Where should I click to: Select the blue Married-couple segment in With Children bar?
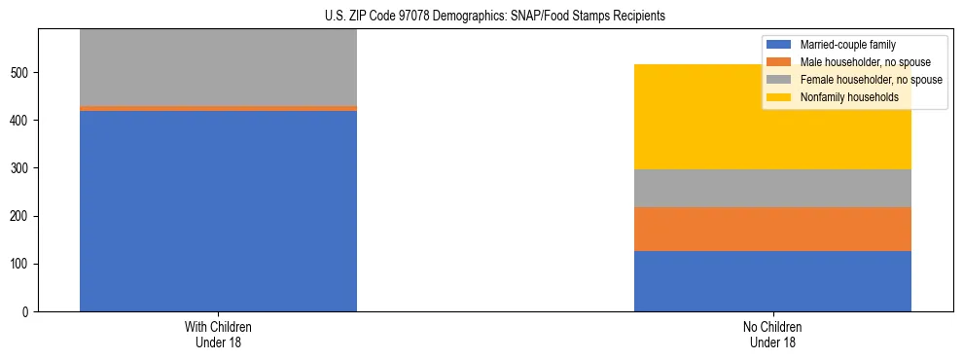pos(218,211)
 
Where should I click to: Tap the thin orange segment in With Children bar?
pos(218,108)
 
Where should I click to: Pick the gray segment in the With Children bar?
pos(218,67)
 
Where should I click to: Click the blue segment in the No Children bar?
pos(772,281)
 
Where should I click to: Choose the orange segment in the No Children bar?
pos(772,230)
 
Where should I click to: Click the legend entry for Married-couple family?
pos(847,45)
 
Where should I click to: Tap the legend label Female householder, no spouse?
pos(871,80)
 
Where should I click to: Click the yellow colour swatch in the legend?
pos(779,97)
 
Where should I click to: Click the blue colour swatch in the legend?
pos(779,45)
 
